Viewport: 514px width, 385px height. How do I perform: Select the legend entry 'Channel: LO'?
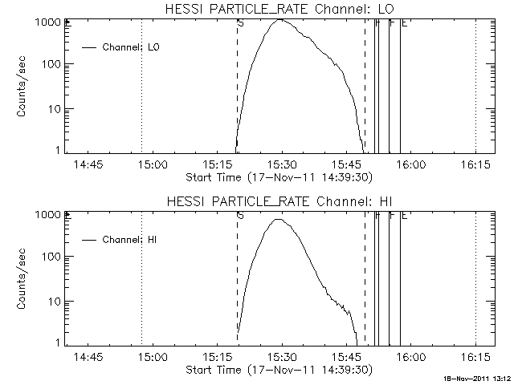pyautogui.click(x=133, y=47)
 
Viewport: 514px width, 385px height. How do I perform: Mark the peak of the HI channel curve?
pyautogui.click(x=279, y=219)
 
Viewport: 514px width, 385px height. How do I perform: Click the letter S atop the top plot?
pyautogui.click(x=240, y=23)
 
